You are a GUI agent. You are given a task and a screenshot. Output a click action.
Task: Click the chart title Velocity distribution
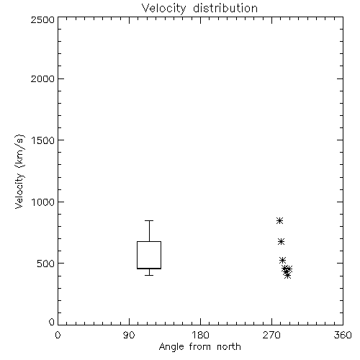coord(199,9)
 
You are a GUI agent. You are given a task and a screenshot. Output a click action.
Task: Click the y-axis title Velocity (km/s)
coord(19,171)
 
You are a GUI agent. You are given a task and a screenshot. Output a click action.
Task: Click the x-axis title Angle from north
coord(199,347)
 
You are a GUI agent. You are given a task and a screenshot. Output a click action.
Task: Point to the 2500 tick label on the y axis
coord(42,19)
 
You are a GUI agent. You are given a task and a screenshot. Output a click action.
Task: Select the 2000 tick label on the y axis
coord(42,78)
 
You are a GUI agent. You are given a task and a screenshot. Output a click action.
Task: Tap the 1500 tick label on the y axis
coord(43,140)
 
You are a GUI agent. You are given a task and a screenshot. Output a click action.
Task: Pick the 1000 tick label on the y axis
coord(43,202)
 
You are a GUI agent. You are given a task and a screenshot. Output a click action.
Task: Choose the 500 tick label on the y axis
coord(46,264)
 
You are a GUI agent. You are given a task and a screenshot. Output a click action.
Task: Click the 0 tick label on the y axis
coord(52,322)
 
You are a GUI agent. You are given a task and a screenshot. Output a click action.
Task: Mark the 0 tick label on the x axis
coord(58,335)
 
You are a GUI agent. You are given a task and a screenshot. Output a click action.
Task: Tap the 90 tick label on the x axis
coord(129,335)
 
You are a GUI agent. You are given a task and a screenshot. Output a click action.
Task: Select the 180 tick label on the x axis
coord(200,335)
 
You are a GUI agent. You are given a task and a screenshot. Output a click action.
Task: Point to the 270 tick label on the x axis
coord(271,335)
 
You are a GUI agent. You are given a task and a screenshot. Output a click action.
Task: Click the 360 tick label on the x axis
coord(343,335)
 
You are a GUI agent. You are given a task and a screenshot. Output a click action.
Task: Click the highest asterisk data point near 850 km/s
coord(279,220)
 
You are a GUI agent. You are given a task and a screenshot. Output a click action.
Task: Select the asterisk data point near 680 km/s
coord(281,241)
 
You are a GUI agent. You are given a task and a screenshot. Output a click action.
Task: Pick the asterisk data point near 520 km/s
coord(282,260)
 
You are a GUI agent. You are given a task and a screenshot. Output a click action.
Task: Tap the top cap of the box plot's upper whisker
coord(149,220)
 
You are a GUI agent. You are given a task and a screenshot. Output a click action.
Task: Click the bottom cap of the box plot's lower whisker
coord(149,275)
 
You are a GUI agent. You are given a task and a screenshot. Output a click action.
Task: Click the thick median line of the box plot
coord(149,269)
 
